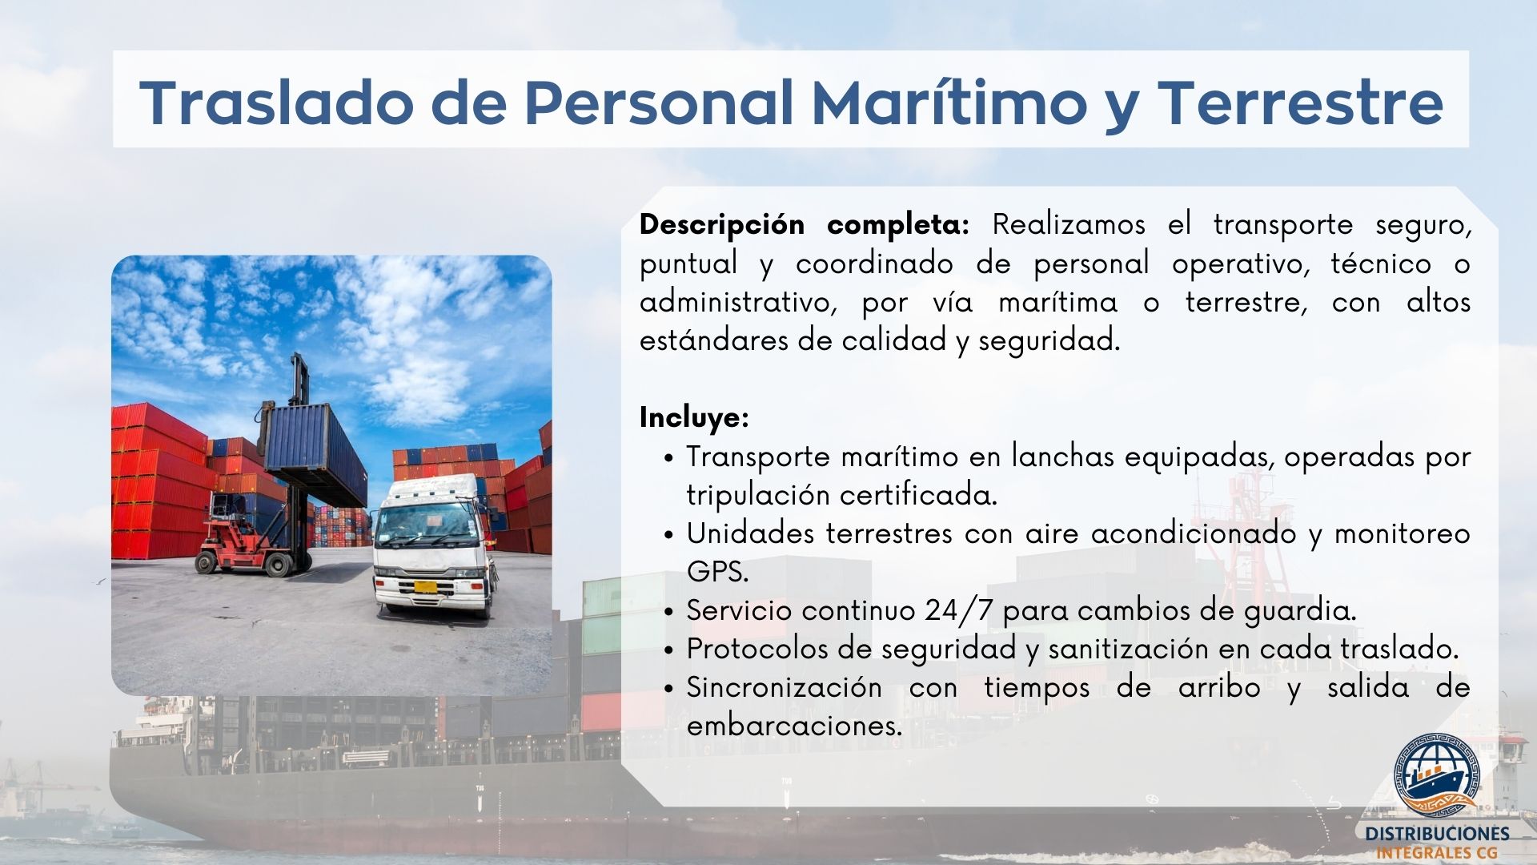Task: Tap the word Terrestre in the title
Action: click(1301, 102)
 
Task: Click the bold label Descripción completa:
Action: click(805, 225)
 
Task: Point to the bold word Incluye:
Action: click(694, 417)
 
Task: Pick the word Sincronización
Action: click(785, 687)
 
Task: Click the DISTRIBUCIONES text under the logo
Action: click(1438, 834)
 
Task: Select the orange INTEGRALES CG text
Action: click(1438, 854)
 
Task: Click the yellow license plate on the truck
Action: click(427, 587)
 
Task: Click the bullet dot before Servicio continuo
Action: click(669, 612)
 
